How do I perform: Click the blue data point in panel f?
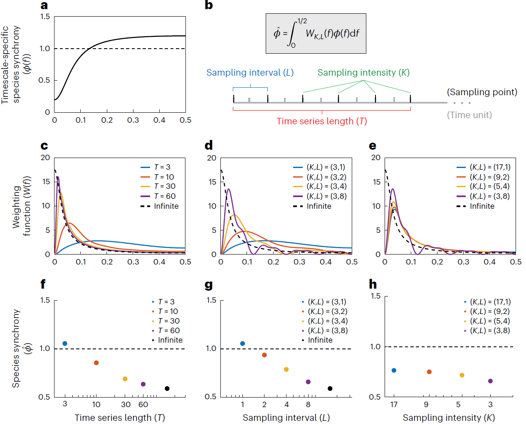(65, 343)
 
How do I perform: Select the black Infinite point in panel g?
(330, 389)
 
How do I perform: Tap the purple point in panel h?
(490, 381)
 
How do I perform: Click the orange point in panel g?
(264, 355)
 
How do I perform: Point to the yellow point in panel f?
(125, 379)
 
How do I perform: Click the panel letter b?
(209, 5)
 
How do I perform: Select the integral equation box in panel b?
(316, 33)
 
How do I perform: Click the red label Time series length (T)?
(322, 121)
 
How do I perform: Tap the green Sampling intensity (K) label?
(363, 73)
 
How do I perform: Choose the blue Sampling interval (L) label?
(250, 73)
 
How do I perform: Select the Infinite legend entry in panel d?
(319, 206)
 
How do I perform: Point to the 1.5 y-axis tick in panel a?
(45, 17)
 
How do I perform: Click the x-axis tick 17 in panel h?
(394, 405)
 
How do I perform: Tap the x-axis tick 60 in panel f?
(143, 405)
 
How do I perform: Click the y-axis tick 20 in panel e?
(375, 158)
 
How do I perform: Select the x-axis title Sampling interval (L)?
(286, 418)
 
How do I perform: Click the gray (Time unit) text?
(469, 115)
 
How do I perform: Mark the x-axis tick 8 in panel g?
(308, 405)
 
